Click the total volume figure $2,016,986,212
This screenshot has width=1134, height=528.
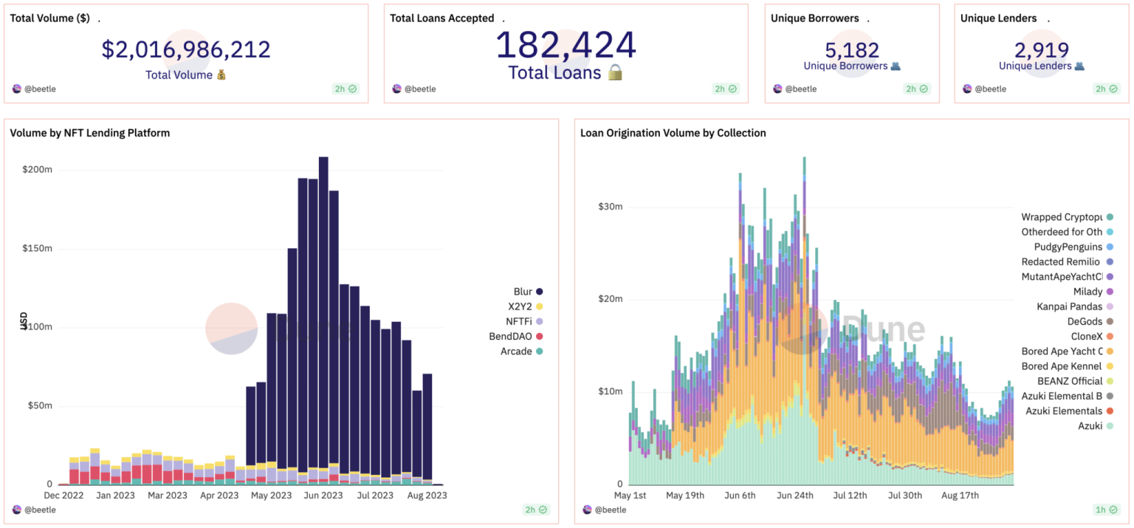point(186,49)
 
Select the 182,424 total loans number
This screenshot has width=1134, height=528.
point(566,46)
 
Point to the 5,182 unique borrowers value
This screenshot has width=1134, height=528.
point(852,49)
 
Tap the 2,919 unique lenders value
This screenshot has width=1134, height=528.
point(1042,49)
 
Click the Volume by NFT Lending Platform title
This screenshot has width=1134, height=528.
point(90,133)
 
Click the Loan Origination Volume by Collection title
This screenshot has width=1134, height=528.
point(673,133)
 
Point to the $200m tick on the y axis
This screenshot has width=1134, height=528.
point(37,170)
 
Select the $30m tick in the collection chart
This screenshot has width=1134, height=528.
point(611,207)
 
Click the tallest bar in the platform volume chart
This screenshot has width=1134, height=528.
point(323,318)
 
